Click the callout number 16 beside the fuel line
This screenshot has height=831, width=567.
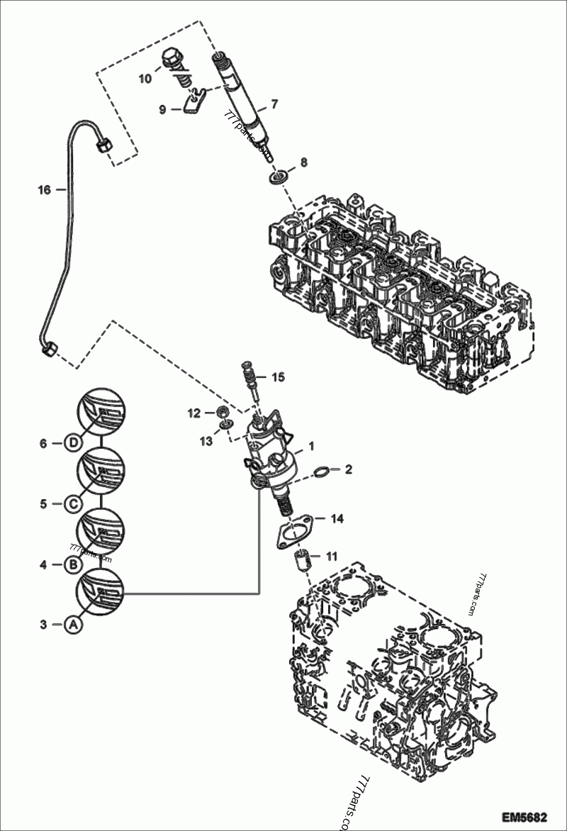tap(44, 190)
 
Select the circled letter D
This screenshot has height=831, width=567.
tap(73, 443)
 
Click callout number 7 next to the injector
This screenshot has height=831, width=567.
tap(274, 104)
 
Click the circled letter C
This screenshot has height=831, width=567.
tap(73, 503)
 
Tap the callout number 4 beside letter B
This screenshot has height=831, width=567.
tap(43, 565)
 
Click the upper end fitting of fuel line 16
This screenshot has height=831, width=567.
tap(101, 145)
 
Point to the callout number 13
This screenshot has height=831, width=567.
tap(206, 442)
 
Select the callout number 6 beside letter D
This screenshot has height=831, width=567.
tap(43, 443)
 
